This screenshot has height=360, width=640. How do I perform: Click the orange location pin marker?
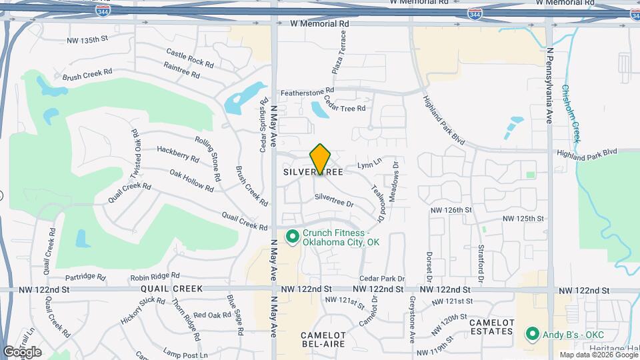[x=321, y=159]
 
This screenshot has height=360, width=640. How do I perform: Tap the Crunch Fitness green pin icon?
[x=292, y=237]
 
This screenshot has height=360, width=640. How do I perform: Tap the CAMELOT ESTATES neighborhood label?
[x=492, y=327]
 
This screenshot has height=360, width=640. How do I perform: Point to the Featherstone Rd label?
[x=307, y=91]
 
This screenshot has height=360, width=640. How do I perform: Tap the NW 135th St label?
[x=87, y=40]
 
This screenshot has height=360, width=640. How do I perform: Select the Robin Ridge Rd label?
[x=155, y=275]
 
